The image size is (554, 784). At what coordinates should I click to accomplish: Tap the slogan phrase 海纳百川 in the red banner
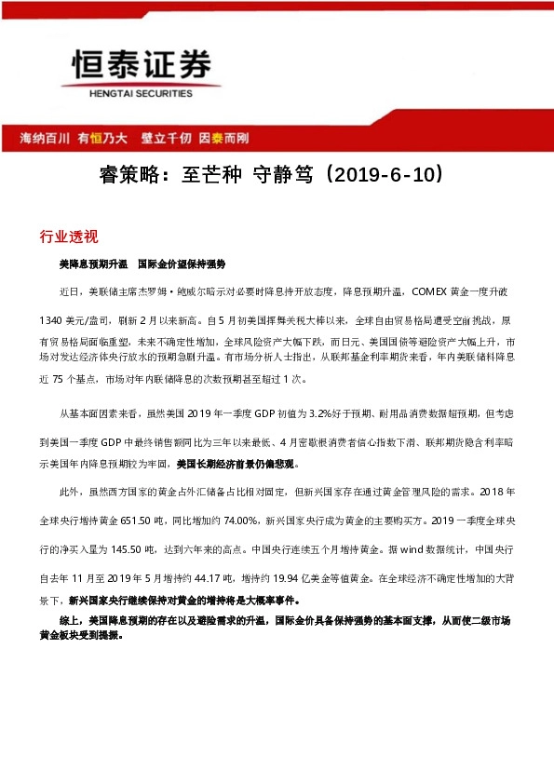point(46,138)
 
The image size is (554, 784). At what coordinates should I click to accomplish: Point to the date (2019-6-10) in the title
point(382,174)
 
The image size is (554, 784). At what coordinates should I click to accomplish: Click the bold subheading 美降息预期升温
point(93,264)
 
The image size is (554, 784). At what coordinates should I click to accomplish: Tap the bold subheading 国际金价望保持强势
point(182,264)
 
